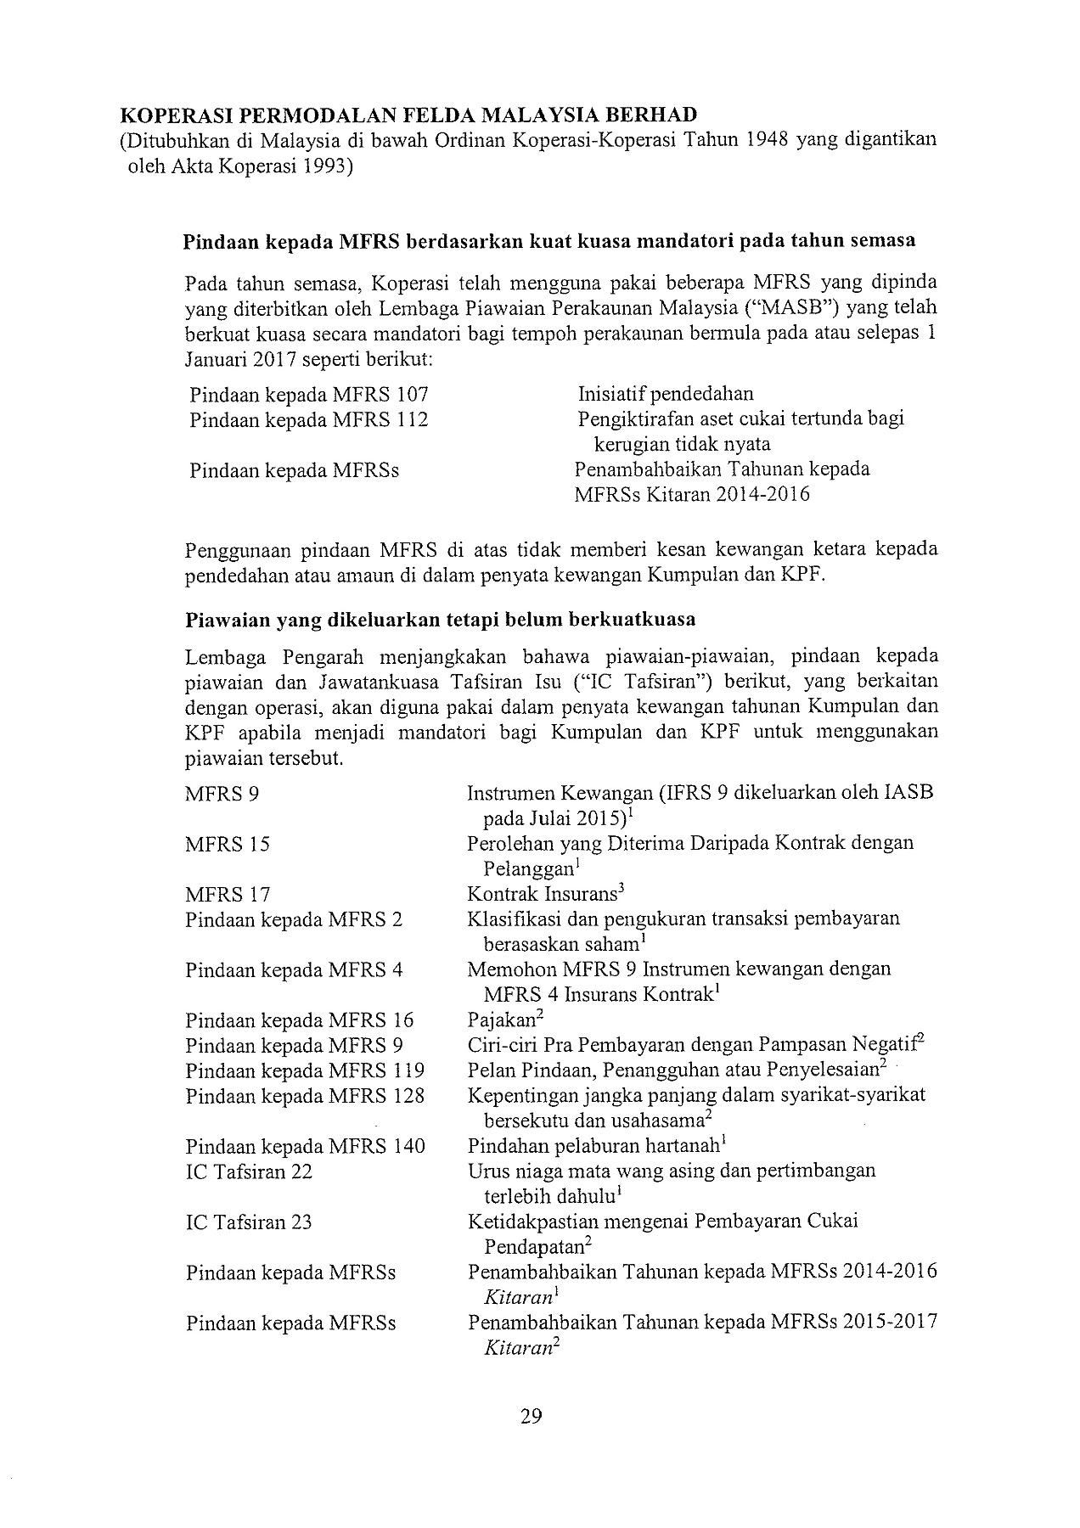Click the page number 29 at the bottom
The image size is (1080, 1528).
[x=531, y=1415]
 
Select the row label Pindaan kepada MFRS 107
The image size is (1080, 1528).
[x=309, y=395]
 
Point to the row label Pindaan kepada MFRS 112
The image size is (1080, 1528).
[x=309, y=419]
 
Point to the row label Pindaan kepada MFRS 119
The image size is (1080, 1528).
[x=305, y=1070]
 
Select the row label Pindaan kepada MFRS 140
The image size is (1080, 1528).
[x=305, y=1147]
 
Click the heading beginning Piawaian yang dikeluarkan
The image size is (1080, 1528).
[x=440, y=620]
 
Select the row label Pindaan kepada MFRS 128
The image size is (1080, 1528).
[x=305, y=1096]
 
